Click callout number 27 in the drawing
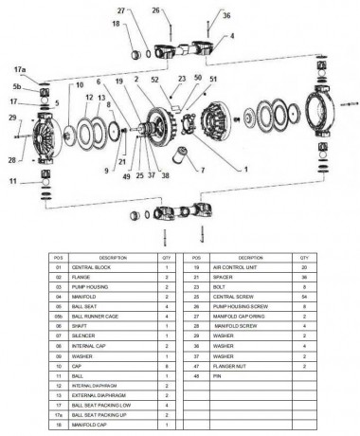click(x=122, y=10)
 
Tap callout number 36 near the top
click(x=225, y=16)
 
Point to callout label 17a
click(x=19, y=68)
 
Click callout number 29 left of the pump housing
click(x=12, y=118)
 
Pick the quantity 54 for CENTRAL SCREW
click(x=304, y=295)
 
